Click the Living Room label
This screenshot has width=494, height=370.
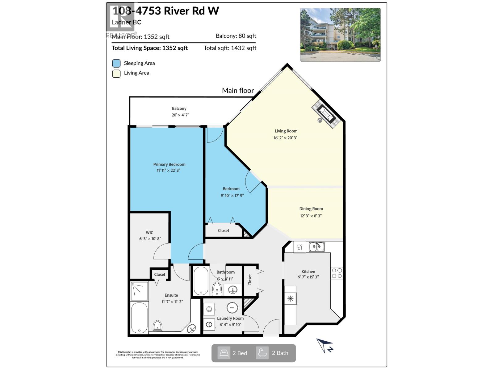click(286, 131)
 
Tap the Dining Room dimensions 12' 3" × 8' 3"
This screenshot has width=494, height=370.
click(311, 216)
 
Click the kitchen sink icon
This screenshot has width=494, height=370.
click(316, 247)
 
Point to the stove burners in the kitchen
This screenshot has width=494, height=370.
click(337, 273)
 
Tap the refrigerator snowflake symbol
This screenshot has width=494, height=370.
click(290, 298)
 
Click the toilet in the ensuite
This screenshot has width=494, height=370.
click(157, 326)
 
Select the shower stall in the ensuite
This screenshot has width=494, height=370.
click(139, 291)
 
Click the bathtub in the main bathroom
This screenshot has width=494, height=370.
click(201, 281)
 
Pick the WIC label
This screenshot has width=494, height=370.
click(149, 233)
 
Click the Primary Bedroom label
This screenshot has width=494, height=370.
click(169, 164)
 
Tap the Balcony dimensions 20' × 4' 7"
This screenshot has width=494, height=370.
click(180, 115)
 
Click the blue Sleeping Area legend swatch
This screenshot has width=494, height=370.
click(116, 64)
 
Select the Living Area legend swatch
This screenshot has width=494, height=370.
click(116, 74)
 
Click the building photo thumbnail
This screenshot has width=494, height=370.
click(340, 35)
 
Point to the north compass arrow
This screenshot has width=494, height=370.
click(324, 345)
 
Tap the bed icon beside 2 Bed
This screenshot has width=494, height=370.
click(224, 353)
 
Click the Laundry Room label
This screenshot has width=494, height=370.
click(230, 319)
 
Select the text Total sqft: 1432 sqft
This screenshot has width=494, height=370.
click(230, 48)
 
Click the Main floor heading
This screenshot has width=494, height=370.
click(238, 91)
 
